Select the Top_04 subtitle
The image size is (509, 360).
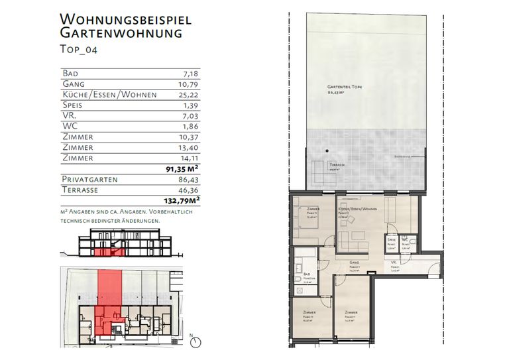[78, 48]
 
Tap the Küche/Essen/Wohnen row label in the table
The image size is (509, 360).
[109, 94]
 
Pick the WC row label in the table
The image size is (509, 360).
[70, 126]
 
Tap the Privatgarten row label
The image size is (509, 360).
[89, 180]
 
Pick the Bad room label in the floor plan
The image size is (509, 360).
[307, 273]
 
